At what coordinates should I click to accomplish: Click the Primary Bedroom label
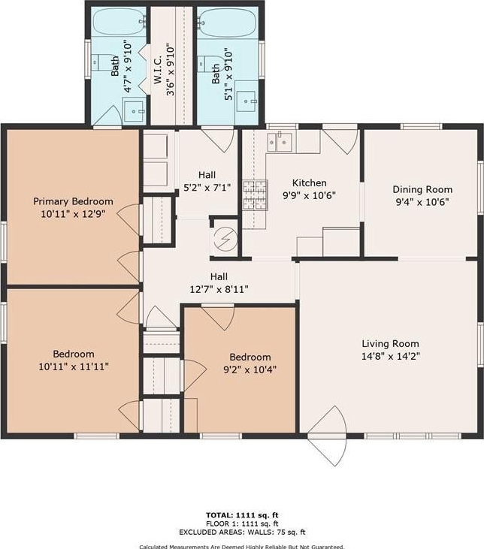coord(73,201)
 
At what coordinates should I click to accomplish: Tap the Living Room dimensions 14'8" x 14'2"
coord(391,356)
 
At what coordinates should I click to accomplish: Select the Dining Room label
coord(422,189)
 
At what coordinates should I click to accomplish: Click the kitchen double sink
coord(280,142)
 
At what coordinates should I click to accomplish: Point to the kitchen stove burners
coord(255,195)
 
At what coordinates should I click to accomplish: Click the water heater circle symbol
coord(226,238)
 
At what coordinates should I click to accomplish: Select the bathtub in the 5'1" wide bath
coord(227,23)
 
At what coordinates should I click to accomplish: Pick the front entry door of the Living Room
coord(328,436)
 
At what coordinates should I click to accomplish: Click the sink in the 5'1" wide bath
coord(246,101)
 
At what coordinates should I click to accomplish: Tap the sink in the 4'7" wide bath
coord(134,111)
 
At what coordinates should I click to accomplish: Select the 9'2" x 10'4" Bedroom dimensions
coord(250,370)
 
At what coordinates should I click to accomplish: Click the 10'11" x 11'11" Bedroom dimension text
coord(74,367)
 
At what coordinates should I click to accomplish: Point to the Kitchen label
coord(310,182)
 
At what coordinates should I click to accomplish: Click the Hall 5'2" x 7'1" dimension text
coord(207,188)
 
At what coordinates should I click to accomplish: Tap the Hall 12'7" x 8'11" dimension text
coord(219,290)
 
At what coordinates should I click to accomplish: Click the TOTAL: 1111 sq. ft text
coord(242,515)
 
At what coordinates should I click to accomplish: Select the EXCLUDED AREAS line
coord(242,532)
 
